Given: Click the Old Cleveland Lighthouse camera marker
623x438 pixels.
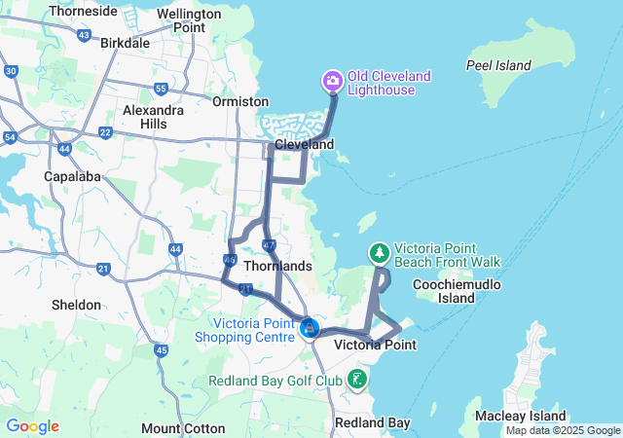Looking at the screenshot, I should tap(332, 79).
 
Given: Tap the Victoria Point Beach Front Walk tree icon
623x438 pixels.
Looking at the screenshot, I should tap(378, 253).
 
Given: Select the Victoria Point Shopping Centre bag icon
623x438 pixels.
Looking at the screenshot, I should tap(310, 328).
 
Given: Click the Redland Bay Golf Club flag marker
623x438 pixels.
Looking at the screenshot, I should tap(358, 379).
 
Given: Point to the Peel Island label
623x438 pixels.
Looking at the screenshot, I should tap(498, 66).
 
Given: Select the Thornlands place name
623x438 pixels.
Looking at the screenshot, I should tap(277, 266).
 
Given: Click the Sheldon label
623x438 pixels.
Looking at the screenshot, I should tap(76, 305).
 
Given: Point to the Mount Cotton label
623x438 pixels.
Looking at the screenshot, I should tap(183, 428).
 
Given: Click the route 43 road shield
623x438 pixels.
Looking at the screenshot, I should tap(84, 36).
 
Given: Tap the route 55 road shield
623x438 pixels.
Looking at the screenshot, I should tap(162, 90).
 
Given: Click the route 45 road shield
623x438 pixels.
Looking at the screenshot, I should tap(162, 350).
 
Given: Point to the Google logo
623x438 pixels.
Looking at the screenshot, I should tap(32, 426).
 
